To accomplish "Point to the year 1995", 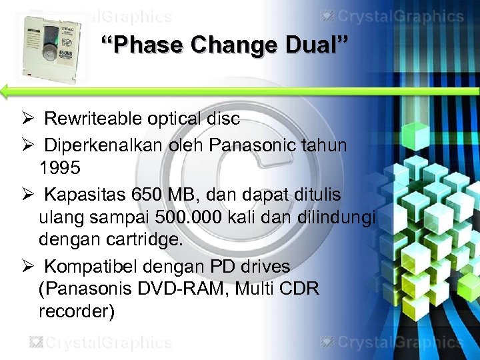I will pos(59,168).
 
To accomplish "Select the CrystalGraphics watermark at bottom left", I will pos(100,343).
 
